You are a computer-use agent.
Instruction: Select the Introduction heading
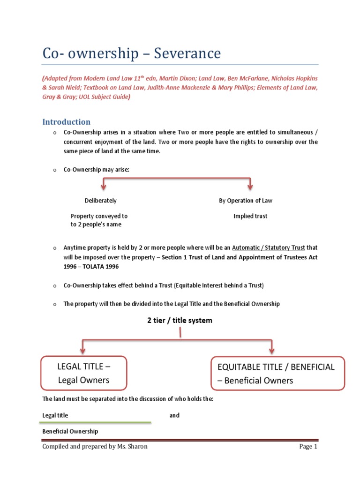(66, 122)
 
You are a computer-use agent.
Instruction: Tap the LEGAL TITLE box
(83, 373)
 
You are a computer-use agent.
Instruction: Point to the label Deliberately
(100, 201)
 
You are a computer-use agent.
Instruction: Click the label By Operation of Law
(245, 201)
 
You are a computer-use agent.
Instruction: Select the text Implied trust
(250, 216)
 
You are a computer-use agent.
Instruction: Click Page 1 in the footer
(308, 447)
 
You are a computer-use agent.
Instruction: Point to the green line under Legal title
(97, 422)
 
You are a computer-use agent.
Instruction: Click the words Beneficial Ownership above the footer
(70, 431)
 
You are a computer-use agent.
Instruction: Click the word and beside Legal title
(174, 415)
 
